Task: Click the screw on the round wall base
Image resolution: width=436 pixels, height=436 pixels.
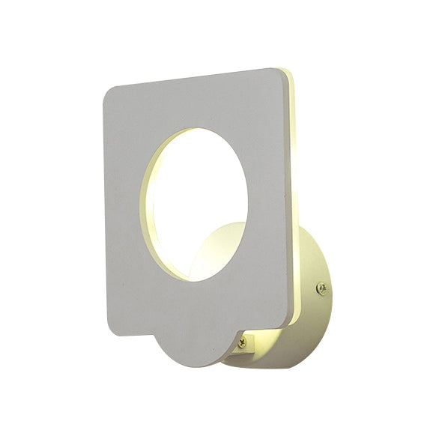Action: coord(321,286)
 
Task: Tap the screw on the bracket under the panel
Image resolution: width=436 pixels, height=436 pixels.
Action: coord(241,343)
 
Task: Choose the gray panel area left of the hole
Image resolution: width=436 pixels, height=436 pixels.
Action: coord(124,210)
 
